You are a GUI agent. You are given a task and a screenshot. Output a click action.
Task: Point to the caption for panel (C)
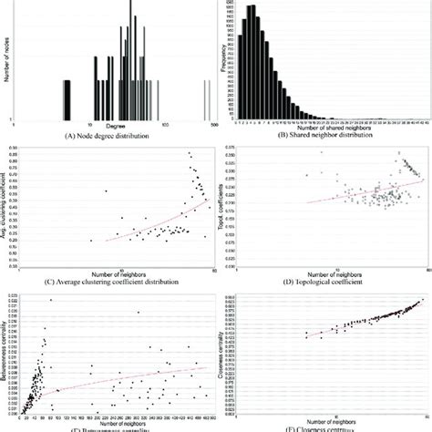[x=109, y=282]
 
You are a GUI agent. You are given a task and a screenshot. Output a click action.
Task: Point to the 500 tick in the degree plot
[x=215, y=124]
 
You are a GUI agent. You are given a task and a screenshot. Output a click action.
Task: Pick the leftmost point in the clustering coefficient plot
[x=91, y=241]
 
